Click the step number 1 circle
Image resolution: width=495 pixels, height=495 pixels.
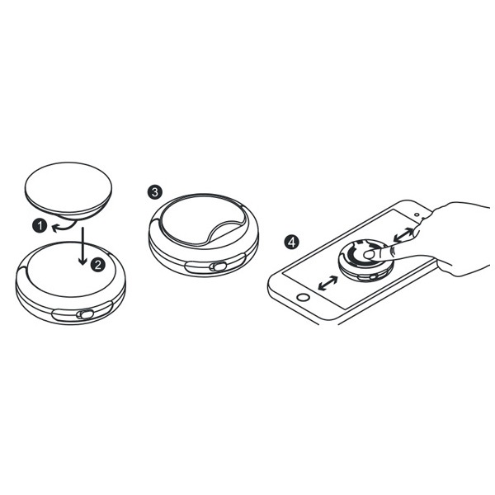(x=40, y=226)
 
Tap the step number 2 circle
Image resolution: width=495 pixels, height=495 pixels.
(x=98, y=265)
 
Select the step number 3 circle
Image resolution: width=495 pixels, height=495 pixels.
(x=155, y=192)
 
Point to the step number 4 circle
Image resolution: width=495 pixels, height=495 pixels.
(x=291, y=242)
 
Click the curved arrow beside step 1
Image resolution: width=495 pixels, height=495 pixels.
(x=64, y=227)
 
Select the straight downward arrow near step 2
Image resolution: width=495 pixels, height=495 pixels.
(x=82, y=246)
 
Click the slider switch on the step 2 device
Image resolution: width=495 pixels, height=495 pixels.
(x=87, y=314)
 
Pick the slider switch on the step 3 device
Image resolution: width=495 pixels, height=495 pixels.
(x=218, y=266)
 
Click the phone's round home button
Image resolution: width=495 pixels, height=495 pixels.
(x=304, y=297)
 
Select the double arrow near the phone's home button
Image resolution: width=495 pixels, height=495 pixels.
(x=328, y=282)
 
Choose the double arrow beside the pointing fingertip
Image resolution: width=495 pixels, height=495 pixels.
(x=404, y=235)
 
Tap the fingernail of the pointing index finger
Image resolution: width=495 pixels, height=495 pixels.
(x=368, y=254)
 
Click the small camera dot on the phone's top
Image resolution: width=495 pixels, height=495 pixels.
(x=417, y=215)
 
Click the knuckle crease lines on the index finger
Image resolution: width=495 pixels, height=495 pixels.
(x=393, y=252)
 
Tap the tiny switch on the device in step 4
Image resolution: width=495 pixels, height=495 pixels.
(x=374, y=277)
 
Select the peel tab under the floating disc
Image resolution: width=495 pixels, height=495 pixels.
(x=68, y=221)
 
